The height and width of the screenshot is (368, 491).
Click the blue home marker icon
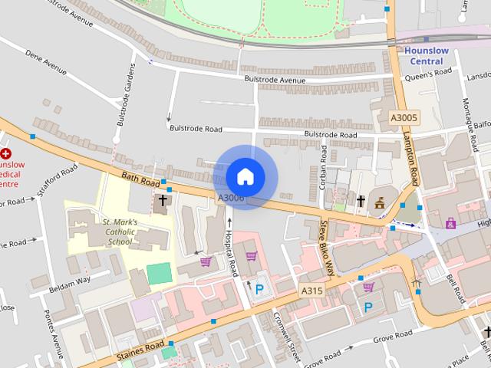[245, 177]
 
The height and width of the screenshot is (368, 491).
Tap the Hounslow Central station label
[427, 56]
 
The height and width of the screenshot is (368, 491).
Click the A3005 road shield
[404, 118]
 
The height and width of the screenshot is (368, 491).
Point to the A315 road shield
[311, 291]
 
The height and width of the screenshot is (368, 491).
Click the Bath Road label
[140, 180]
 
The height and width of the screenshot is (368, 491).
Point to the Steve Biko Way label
[327, 247]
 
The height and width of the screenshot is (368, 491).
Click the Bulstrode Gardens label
[126, 96]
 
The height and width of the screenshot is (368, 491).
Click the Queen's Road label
[433, 74]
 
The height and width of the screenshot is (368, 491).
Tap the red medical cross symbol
[5, 153]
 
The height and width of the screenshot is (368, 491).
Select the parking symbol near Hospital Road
[259, 289]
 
